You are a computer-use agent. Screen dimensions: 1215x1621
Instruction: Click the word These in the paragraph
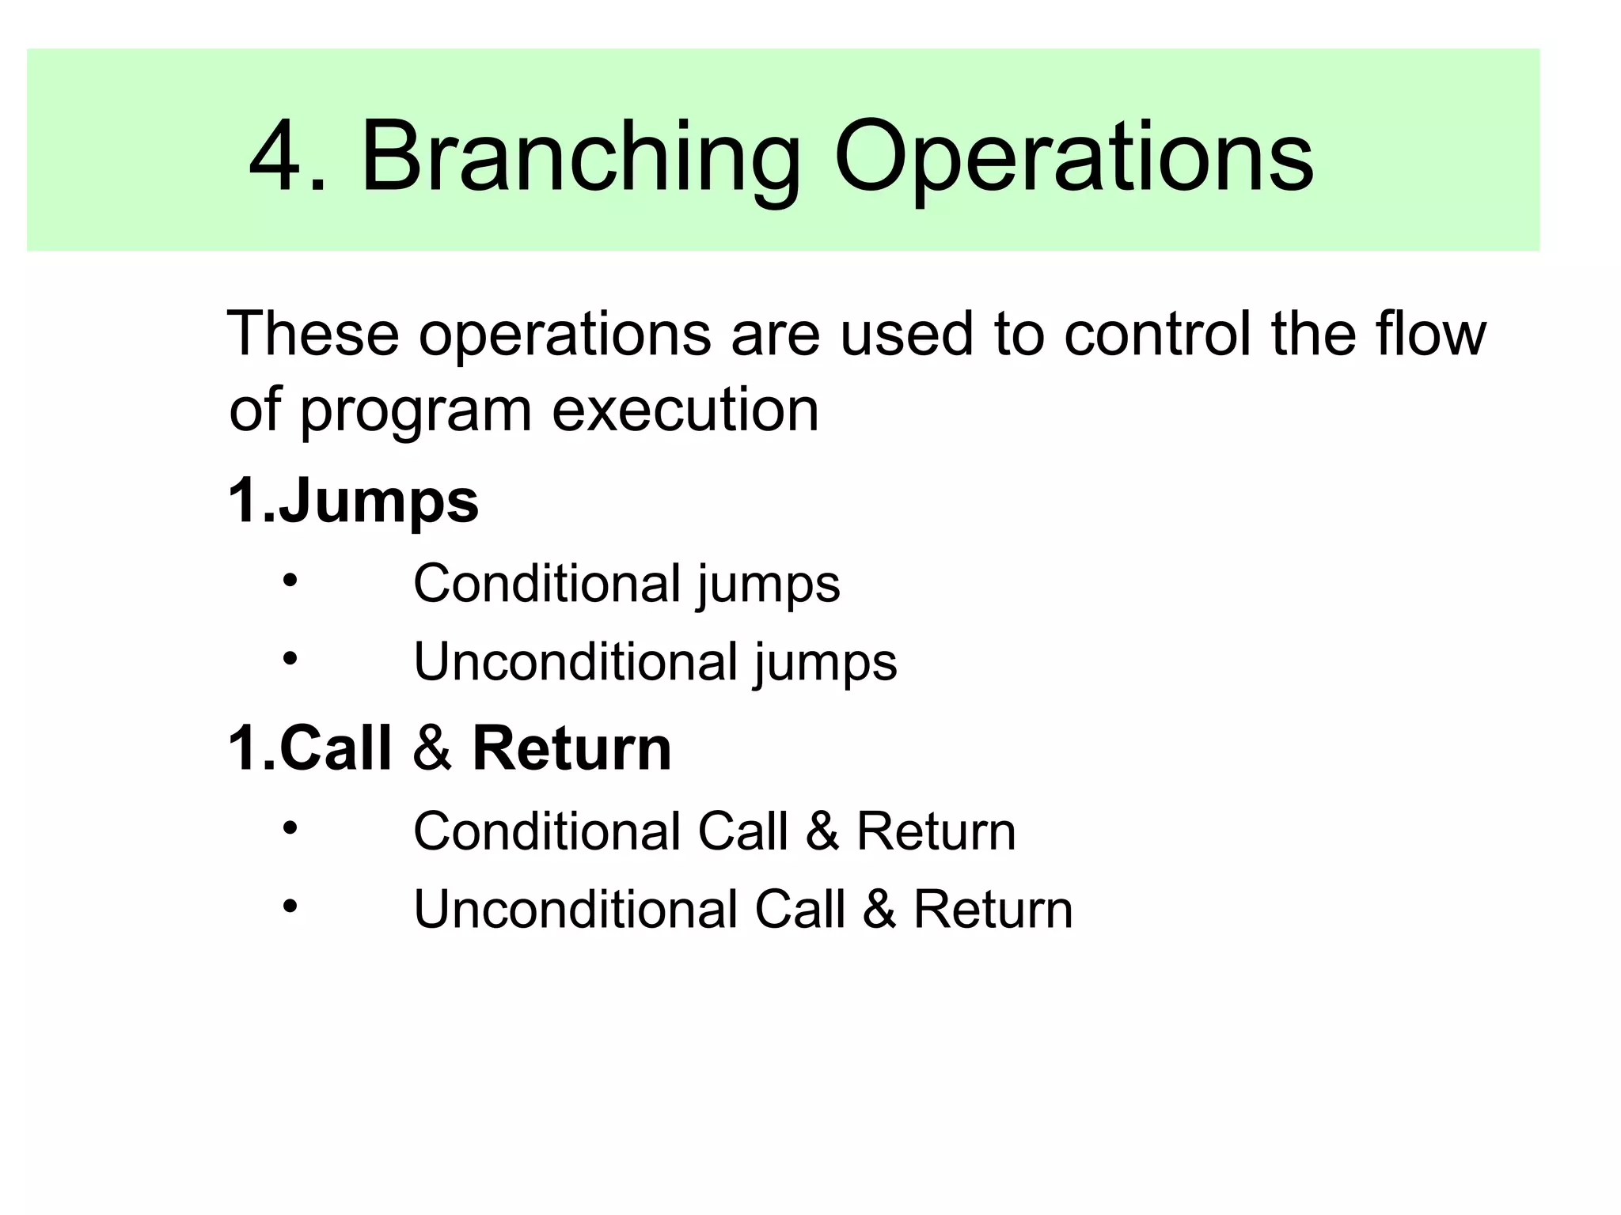click(x=313, y=334)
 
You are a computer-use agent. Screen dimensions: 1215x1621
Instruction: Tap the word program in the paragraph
click(x=416, y=411)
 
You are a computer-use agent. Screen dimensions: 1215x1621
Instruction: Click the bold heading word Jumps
click(x=378, y=502)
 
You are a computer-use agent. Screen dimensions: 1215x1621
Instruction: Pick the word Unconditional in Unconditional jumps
click(x=575, y=661)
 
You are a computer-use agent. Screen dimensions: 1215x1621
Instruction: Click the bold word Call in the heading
click(x=336, y=748)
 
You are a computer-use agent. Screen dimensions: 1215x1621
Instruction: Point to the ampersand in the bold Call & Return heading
click(x=432, y=748)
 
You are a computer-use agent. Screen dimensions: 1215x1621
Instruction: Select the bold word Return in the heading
click(x=571, y=748)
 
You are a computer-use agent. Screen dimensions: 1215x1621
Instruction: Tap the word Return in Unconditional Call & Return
click(x=993, y=910)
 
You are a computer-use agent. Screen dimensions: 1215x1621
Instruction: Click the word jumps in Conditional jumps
click(x=768, y=585)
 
